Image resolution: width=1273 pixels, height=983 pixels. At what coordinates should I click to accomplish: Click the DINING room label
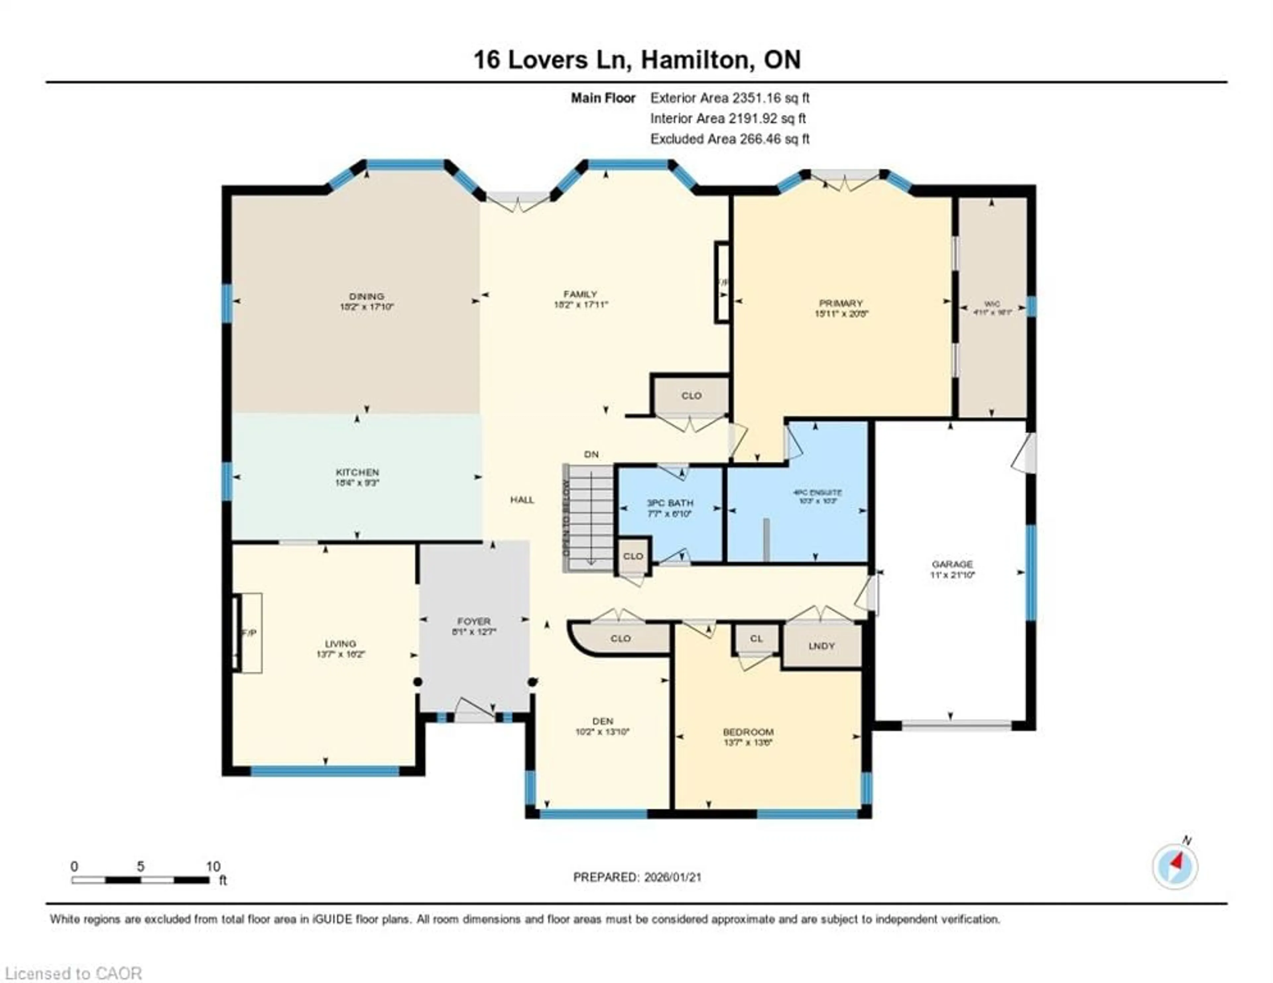(367, 296)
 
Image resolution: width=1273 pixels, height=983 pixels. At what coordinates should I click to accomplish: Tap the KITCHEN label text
(357, 472)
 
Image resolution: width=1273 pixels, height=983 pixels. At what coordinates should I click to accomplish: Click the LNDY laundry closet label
(821, 646)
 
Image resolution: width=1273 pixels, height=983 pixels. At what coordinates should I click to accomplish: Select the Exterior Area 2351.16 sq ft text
(730, 98)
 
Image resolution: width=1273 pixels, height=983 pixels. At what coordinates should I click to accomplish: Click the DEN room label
(603, 721)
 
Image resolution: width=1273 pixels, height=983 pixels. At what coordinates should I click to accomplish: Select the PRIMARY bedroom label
(840, 303)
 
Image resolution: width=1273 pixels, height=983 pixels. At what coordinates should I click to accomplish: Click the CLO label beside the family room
(691, 396)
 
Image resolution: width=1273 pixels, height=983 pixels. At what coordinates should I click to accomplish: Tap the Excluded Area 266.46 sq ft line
(730, 139)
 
